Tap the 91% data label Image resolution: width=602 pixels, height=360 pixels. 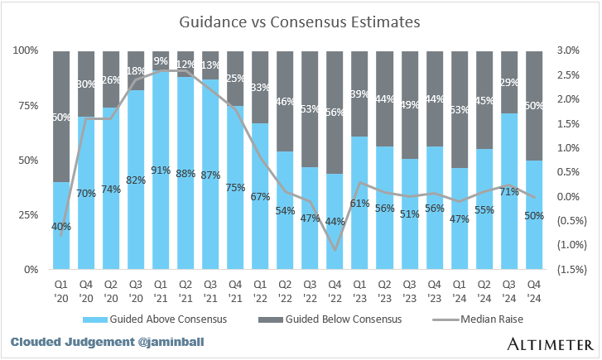pos(161,171)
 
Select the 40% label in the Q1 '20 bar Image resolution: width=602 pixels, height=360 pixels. pos(61,226)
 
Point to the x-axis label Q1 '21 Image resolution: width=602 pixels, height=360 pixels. pos(161,286)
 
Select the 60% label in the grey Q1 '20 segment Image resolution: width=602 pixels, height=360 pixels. pos(61,117)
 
